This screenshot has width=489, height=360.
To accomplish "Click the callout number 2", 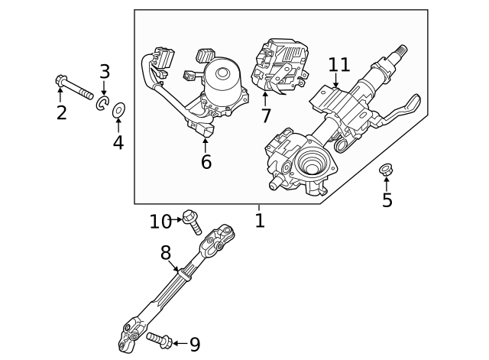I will coord(61,113).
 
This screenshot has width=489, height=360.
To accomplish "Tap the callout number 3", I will coord(105,72).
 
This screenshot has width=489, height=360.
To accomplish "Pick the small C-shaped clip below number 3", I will coord(102,103).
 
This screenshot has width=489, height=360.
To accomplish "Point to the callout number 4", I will coord(118,142).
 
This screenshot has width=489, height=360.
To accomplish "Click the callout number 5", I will coord(387,200).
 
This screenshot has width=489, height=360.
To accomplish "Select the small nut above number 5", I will coord(386,170).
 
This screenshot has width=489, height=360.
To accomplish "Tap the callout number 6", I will coord(206,161).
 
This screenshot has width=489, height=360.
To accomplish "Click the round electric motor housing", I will coord(225,76).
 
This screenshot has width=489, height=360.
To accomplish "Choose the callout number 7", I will coord(265,116).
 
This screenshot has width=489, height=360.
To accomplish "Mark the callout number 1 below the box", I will coord(260,221).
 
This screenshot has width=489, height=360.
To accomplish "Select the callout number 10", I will coord(160,221).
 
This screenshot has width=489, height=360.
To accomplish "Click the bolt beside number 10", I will coord(192,222).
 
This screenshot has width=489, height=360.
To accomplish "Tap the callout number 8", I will coord(166,252).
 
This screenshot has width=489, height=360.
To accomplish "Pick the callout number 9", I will coord(194,345).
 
